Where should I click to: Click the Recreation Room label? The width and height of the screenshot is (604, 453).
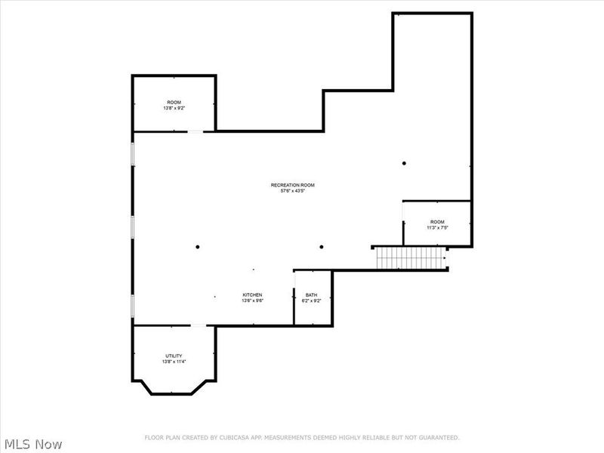(x=292, y=185)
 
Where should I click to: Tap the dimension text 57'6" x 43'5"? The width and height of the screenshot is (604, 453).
(x=292, y=191)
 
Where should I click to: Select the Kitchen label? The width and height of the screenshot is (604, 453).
(x=252, y=294)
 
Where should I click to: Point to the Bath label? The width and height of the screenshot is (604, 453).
(x=312, y=294)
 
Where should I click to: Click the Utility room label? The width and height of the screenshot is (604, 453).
(x=174, y=356)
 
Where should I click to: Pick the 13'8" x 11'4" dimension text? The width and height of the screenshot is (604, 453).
(x=174, y=362)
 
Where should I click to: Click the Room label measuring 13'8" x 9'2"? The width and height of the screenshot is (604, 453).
(x=174, y=102)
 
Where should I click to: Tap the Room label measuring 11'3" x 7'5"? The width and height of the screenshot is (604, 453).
(x=437, y=221)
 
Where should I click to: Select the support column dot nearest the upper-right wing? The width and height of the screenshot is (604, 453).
(x=404, y=163)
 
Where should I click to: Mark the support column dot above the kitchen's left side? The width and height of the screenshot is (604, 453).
(x=198, y=247)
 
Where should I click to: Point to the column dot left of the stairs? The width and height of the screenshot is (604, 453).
(x=321, y=247)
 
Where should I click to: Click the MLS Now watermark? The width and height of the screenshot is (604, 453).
(x=32, y=445)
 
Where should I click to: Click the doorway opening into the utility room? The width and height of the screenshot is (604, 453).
(x=197, y=325)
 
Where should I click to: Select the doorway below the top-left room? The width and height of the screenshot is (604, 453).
(x=196, y=132)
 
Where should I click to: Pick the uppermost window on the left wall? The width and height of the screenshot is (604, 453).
(x=133, y=153)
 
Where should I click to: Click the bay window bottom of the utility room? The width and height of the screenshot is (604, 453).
(x=174, y=393)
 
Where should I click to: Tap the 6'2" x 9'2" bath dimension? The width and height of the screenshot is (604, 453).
(x=312, y=300)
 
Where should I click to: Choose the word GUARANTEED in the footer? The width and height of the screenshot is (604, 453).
(x=439, y=437)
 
